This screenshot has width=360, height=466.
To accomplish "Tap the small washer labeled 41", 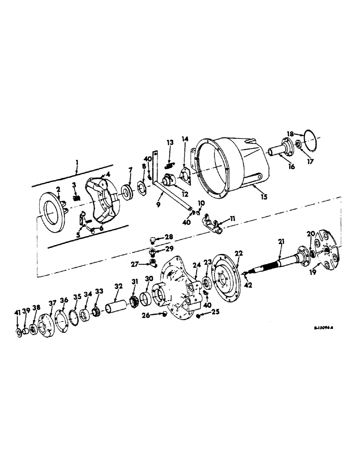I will click(x=18, y=332).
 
